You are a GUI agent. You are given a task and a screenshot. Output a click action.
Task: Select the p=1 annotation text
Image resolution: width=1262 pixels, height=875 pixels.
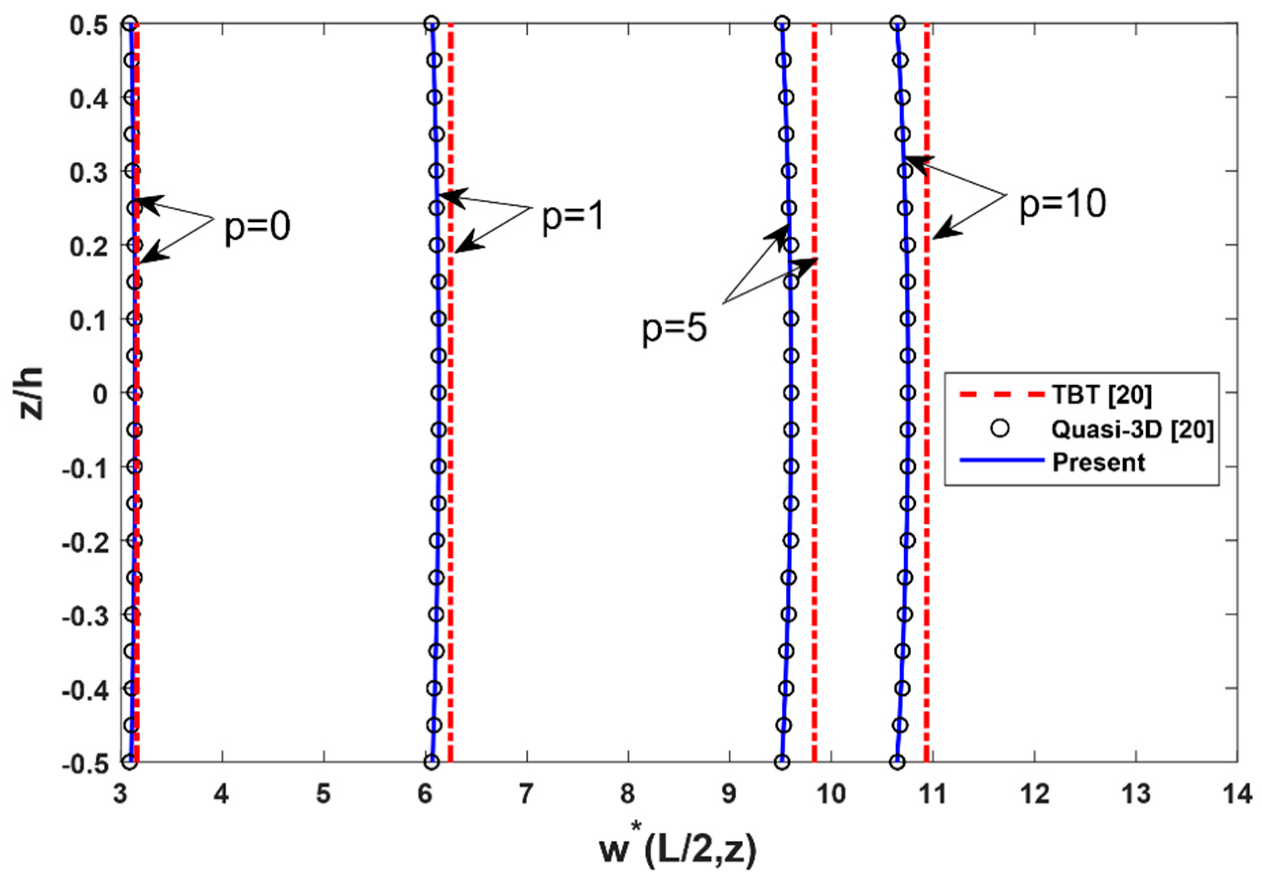[x=572, y=216]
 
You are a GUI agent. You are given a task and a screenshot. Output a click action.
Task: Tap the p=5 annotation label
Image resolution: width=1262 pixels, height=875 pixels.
[x=674, y=329]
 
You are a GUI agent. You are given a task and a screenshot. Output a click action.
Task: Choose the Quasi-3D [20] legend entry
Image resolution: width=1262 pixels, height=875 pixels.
[x=1132, y=429]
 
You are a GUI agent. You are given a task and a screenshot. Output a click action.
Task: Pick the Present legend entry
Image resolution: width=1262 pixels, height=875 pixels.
[x=1098, y=462]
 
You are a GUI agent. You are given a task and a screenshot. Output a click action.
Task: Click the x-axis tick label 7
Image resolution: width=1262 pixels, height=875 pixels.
[x=525, y=794]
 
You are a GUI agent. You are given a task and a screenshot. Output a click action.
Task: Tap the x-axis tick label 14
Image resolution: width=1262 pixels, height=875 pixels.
[x=1236, y=794]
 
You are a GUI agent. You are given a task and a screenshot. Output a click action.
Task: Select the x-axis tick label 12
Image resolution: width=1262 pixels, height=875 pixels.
[x=1033, y=794]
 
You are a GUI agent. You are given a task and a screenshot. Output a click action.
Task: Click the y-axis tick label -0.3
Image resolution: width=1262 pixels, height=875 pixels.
[x=84, y=615]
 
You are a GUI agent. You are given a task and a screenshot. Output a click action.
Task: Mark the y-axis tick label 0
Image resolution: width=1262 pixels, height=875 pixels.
[x=100, y=394]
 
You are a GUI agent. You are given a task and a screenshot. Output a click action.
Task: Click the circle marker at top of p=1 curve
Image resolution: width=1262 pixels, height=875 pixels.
[x=431, y=23]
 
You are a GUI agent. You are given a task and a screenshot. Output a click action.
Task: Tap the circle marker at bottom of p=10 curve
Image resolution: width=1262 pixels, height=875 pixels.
[x=897, y=762]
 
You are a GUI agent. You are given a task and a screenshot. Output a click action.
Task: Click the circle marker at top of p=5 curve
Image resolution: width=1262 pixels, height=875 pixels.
[x=782, y=23]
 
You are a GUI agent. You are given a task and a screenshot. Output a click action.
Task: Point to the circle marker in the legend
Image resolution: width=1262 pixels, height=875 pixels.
[x=1001, y=429]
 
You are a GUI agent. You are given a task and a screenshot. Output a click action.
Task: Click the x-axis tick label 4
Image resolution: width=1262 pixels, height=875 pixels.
[x=222, y=794]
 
